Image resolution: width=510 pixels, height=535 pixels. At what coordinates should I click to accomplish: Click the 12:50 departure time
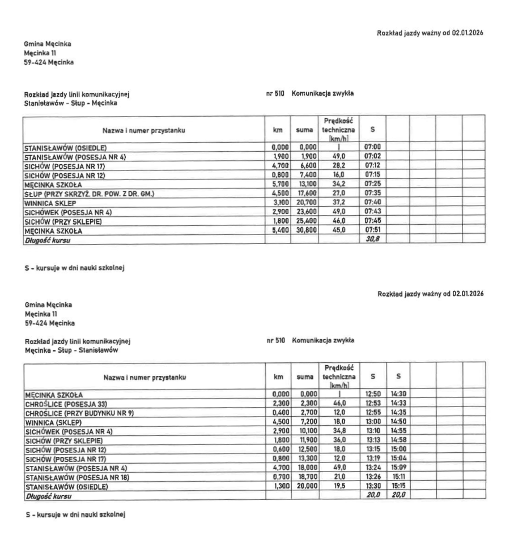click(367, 395)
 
